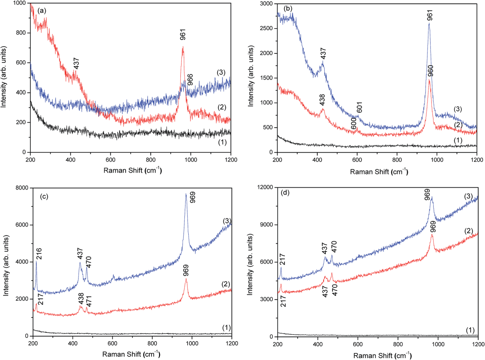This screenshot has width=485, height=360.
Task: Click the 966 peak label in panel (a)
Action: point(190,80)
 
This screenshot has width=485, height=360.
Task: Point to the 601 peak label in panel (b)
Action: point(359,107)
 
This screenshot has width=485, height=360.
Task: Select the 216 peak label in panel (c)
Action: point(39,254)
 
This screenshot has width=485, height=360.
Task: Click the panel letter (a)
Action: point(42,11)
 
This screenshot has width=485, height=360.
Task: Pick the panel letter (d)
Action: point(285,193)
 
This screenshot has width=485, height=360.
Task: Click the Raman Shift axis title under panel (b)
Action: point(379,172)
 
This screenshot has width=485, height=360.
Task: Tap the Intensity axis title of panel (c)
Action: point(6,265)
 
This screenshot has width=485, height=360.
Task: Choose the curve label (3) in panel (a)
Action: point(221,73)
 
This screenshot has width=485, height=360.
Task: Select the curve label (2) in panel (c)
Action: point(226,284)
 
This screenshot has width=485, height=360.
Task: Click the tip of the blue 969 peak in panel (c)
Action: point(186,194)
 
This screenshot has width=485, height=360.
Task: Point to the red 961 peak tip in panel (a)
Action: point(183,47)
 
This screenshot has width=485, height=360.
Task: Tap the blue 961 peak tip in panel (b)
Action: point(429,23)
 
